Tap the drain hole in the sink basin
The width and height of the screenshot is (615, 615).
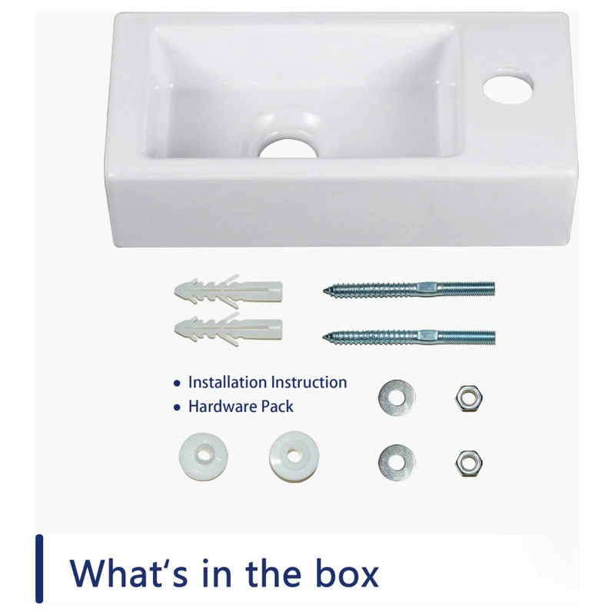coord(288,148)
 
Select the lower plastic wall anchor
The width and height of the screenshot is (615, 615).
coord(228,329)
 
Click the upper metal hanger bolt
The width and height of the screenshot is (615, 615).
coord(409,289)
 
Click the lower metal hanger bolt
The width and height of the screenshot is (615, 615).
coord(409,337)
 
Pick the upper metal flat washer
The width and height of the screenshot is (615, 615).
coord(397,397)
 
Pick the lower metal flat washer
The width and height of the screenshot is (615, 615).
coord(397,463)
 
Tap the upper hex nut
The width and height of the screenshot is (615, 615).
coord(469,398)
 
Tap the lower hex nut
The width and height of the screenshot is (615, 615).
coord(469,464)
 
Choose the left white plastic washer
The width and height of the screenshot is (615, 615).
coord(204,456)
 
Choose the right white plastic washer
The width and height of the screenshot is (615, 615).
coord(294,456)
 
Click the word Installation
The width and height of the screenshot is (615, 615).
coord(228,382)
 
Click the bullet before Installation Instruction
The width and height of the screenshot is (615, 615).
coord(177,383)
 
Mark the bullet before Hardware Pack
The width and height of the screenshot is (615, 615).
coord(177,407)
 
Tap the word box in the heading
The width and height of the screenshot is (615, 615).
coord(347,573)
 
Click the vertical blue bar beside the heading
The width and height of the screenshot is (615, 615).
coord(39,568)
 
